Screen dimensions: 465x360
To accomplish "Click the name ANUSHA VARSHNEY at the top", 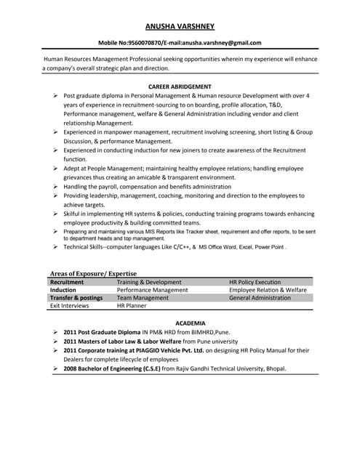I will (180, 26).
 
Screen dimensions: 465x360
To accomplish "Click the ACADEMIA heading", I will (180, 323).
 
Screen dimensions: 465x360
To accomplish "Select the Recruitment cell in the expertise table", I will (67, 282).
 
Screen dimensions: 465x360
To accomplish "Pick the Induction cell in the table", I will (63, 290).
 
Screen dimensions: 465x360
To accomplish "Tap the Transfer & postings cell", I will (76, 298).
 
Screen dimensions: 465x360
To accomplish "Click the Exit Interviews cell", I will (69, 306).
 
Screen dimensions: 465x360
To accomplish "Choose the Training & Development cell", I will (149, 282).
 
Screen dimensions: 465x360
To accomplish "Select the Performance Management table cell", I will (152, 290).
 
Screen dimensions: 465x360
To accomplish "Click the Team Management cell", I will (143, 298).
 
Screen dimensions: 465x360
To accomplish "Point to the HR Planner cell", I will (132, 306).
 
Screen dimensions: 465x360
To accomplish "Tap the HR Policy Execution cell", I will (255, 282).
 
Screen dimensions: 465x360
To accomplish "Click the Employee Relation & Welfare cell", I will (268, 290).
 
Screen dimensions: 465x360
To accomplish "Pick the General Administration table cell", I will (260, 298).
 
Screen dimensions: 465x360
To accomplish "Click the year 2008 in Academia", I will (71, 368).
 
